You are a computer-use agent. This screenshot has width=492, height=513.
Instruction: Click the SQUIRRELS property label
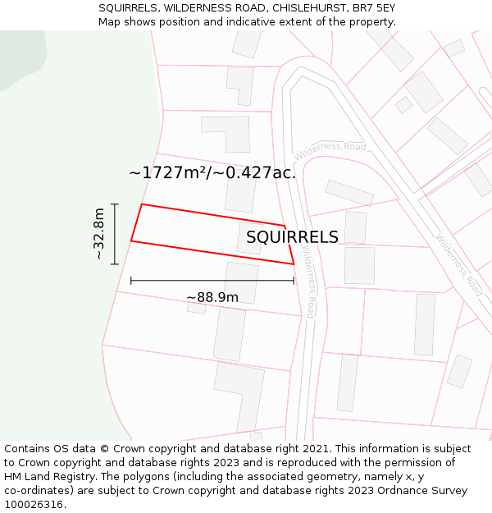pyautogui.click(x=292, y=237)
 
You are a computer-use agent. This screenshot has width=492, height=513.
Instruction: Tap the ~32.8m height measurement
pyautogui.click(x=98, y=234)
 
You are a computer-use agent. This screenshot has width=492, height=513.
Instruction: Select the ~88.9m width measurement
pyautogui.click(x=212, y=297)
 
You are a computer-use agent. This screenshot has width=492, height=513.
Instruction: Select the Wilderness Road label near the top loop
pyautogui.click(x=330, y=150)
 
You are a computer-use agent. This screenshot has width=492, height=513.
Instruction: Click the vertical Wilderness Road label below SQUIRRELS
pyautogui.click(x=308, y=283)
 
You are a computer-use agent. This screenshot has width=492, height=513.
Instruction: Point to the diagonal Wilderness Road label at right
pyautogui.click(x=458, y=265)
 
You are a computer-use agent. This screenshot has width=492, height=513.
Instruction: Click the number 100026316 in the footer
pyautogui.click(x=33, y=505)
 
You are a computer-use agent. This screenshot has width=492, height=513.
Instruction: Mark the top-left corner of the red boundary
pyautogui.click(x=142, y=204)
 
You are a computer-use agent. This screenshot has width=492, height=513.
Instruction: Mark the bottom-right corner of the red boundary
pyautogui.click(x=294, y=263)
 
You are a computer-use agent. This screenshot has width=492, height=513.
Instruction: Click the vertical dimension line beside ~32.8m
pyautogui.click(x=115, y=234)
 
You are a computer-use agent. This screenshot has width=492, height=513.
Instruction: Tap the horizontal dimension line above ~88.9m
pyautogui.click(x=212, y=281)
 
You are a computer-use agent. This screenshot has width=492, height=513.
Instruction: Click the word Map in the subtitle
pyautogui.click(x=110, y=22)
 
